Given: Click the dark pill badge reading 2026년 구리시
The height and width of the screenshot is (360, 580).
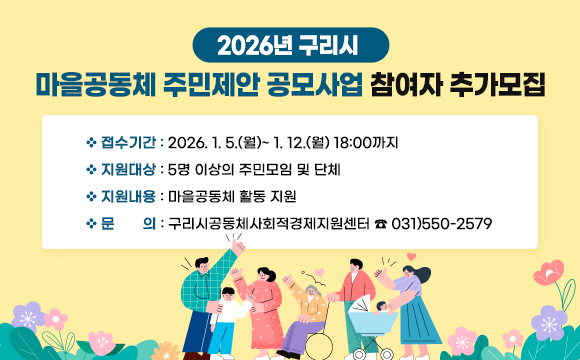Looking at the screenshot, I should (289, 45).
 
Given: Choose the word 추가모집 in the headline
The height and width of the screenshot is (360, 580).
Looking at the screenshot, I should (496, 85).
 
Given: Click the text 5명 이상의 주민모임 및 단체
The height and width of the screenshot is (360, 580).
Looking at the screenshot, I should (255, 169).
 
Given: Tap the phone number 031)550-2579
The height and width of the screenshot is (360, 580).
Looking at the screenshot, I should (441, 223).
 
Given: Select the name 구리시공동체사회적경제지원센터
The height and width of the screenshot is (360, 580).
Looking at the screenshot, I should (270, 223).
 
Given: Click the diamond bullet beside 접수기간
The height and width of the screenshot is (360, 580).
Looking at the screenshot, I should (92, 142).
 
